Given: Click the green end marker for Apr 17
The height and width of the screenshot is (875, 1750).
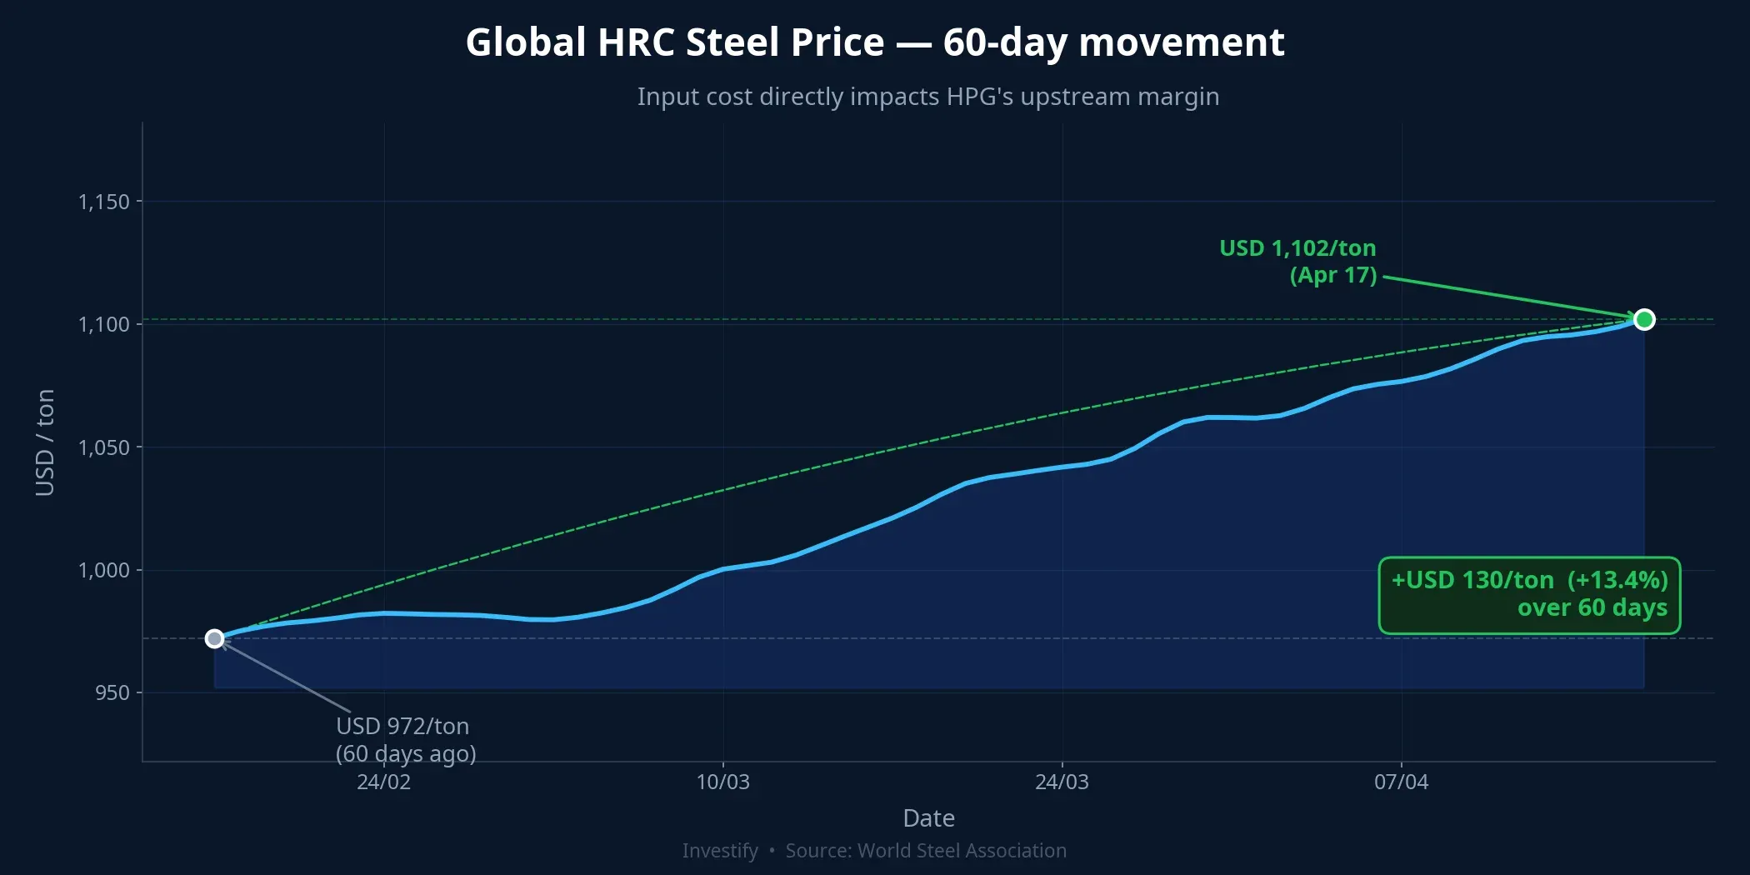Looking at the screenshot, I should (x=1643, y=320).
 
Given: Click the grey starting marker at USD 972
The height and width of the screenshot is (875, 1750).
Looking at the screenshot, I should (x=215, y=639).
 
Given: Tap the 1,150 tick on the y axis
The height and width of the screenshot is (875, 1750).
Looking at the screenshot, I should (x=104, y=202).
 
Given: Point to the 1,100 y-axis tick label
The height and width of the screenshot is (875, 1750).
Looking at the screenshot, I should (x=104, y=324).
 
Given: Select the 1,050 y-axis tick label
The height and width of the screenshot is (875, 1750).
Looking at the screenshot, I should (x=104, y=447).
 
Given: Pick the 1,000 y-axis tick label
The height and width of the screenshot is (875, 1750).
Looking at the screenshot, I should (x=104, y=570).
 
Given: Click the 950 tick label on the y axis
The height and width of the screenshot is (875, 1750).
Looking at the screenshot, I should (x=112, y=693).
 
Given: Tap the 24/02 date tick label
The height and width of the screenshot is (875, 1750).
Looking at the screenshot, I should (x=383, y=782).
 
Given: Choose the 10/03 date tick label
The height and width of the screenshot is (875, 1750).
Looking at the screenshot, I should (x=722, y=782).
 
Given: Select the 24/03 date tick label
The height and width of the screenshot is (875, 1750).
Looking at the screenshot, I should (x=1062, y=782).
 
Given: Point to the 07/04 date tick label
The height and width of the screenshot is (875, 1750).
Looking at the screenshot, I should (x=1401, y=782).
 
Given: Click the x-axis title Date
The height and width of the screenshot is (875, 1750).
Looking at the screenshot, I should (x=928, y=818).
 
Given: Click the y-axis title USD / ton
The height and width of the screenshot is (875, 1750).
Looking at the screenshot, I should (x=45, y=442).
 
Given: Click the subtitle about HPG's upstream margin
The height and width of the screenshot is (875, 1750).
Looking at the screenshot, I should (x=928, y=97).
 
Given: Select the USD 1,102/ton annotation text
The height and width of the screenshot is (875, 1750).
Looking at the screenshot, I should (x=1297, y=248).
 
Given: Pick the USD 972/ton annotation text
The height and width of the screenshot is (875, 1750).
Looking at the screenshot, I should (x=402, y=726).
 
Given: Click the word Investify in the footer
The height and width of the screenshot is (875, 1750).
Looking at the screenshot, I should (x=720, y=851).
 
